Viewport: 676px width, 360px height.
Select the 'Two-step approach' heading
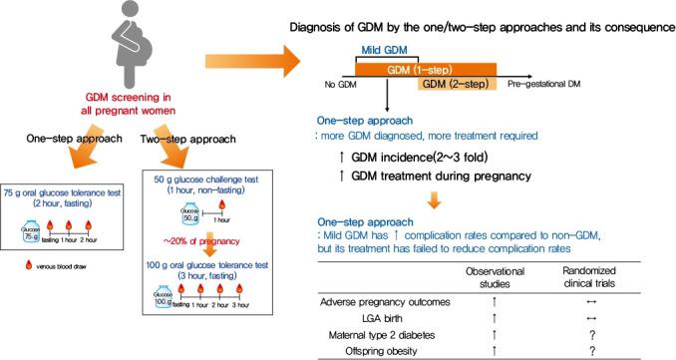click(x=218, y=141)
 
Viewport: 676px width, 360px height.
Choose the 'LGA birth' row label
click(x=419, y=315)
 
